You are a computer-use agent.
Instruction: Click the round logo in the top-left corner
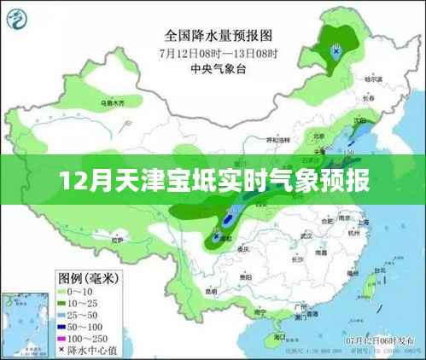pos(24,19)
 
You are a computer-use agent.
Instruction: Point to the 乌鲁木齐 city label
pos(113,103)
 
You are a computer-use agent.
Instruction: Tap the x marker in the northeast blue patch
pos(338,50)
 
